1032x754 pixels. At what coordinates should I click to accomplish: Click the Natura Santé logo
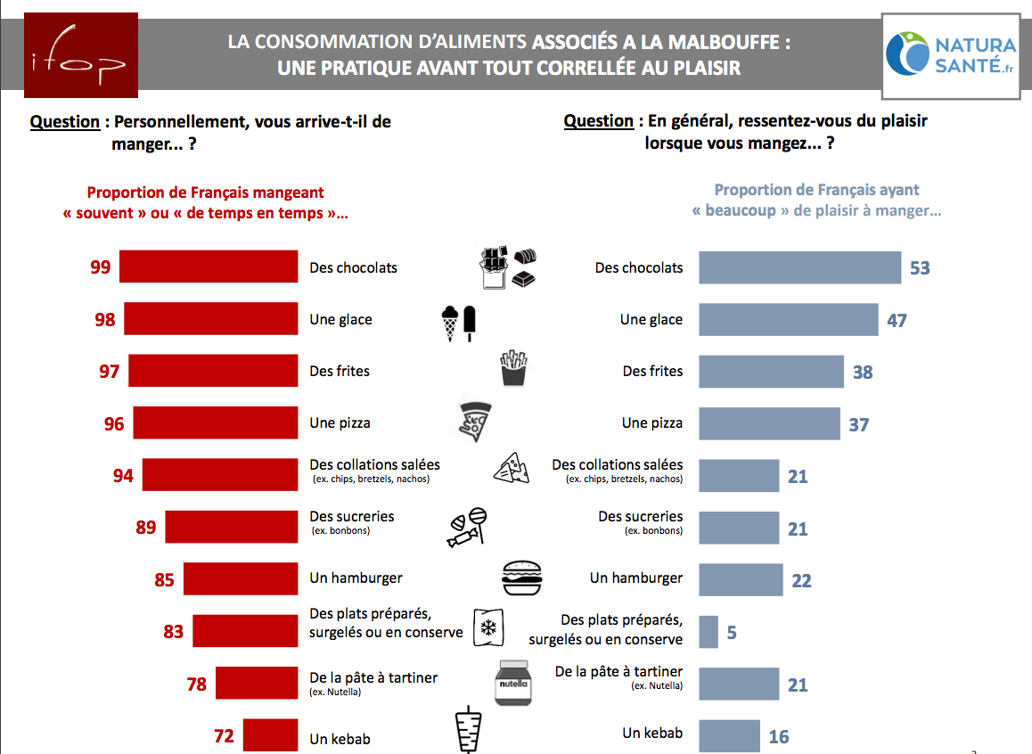[x=951, y=55]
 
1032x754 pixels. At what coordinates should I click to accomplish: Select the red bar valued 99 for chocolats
[x=208, y=266]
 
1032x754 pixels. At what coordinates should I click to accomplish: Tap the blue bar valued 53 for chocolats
[x=799, y=267]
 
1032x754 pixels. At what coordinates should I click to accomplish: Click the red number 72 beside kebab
[x=224, y=735]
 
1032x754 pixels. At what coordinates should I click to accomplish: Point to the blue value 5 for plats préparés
[x=732, y=633]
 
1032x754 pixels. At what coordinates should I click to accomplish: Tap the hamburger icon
[x=522, y=578]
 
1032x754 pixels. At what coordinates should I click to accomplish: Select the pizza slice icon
[x=475, y=420]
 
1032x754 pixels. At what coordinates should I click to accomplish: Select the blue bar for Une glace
[x=788, y=319]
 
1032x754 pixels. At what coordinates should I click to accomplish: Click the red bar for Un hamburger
[x=240, y=578]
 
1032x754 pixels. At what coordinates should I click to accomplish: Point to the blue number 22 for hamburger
[x=801, y=581]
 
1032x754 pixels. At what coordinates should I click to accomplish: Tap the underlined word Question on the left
[x=64, y=122]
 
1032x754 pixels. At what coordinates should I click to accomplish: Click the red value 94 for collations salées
[x=123, y=476]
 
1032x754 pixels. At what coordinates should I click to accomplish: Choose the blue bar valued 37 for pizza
[x=768, y=423]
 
